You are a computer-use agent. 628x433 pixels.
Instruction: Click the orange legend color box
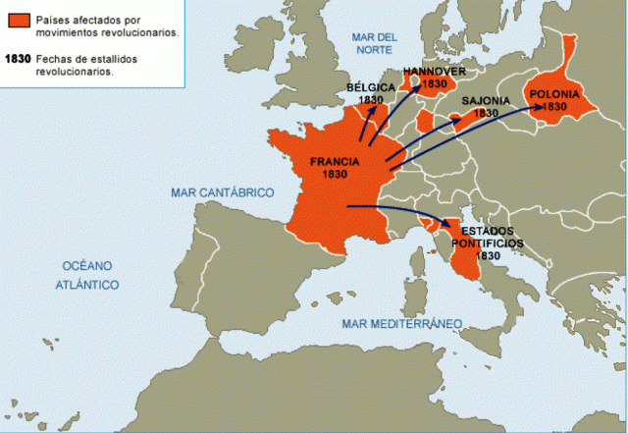(x=16, y=20)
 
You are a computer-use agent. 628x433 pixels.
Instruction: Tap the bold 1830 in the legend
(x=16, y=59)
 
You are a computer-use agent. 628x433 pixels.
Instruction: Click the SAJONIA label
(x=486, y=100)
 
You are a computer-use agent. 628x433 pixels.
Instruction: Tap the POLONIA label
(x=554, y=94)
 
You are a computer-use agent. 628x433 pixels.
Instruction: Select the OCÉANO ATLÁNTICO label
(x=88, y=275)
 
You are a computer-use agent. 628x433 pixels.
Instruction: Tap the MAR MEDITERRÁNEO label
(x=401, y=323)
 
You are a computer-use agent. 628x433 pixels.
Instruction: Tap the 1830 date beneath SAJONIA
(x=486, y=113)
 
